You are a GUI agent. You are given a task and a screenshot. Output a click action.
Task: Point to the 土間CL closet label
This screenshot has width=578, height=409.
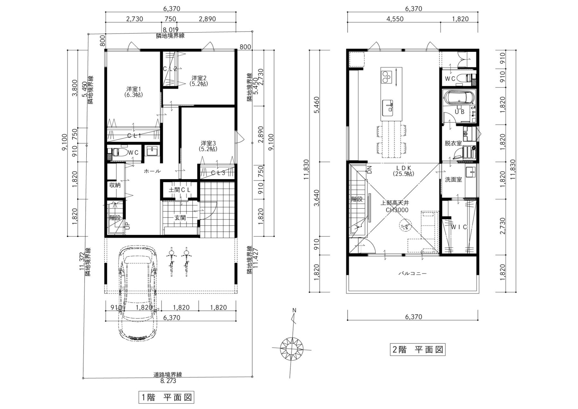[x=180, y=190]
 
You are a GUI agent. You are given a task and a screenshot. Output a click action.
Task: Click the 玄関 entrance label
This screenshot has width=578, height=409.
[x=180, y=218]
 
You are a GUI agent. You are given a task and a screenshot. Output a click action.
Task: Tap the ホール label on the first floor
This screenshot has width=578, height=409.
[x=152, y=171]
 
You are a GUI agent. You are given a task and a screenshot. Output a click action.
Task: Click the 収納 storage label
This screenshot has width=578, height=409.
[x=115, y=185]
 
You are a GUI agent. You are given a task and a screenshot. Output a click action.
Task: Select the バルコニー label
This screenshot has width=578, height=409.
[x=413, y=274]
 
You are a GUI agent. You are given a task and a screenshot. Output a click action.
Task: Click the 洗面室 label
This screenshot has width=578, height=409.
[x=453, y=180]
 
